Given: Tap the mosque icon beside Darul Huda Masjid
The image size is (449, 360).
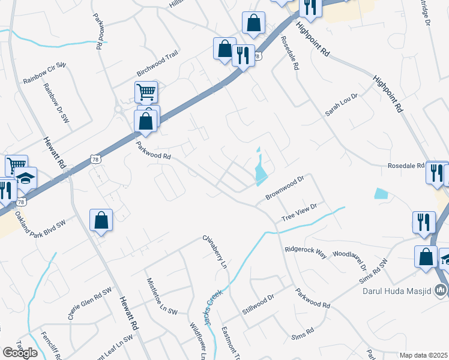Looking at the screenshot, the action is tap(441, 291).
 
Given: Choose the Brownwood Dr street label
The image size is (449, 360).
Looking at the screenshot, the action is tap(286, 189).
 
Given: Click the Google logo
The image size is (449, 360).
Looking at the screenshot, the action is tap(20, 353).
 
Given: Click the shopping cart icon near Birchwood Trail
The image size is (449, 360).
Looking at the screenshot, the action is tap(146, 92).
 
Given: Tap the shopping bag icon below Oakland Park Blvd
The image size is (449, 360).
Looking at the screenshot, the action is tap(101, 220).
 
